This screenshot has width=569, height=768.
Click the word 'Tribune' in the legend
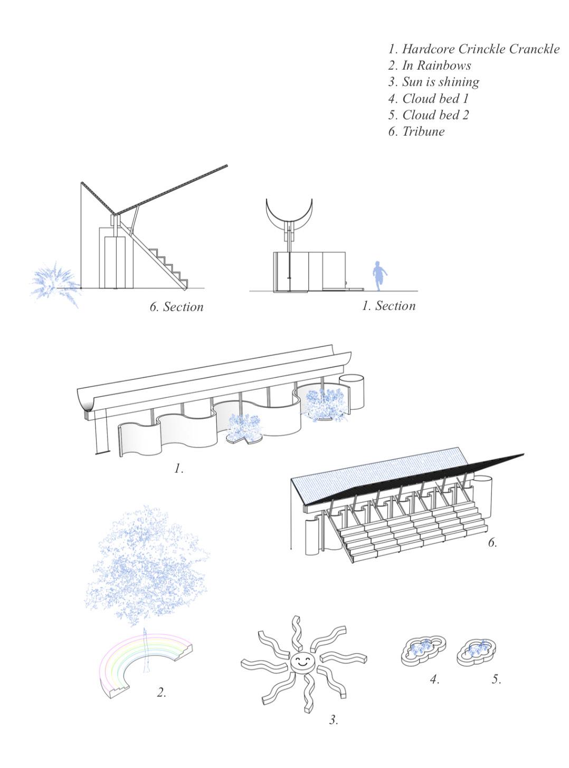(x=423, y=132)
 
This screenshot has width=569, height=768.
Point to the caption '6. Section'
(x=176, y=307)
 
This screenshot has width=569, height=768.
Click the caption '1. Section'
(x=388, y=306)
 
